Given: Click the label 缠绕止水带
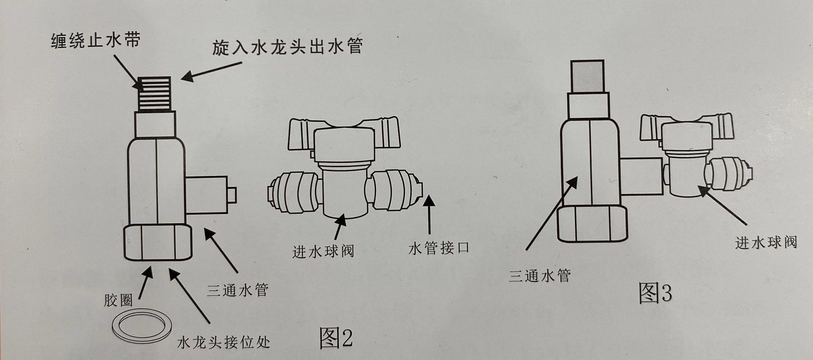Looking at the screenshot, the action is (96, 41).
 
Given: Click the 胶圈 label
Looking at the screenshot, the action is (118, 300).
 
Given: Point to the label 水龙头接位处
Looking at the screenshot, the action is (223, 342).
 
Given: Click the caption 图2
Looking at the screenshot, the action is (336, 337).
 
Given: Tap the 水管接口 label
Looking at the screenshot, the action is (439, 248).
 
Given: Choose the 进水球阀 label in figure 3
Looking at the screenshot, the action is (766, 242).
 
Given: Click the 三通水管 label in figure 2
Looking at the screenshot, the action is (238, 290).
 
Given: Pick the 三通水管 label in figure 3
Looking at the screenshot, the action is (540, 275).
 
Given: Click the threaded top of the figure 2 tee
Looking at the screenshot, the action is (155, 94).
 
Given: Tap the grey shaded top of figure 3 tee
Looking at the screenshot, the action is (587, 76).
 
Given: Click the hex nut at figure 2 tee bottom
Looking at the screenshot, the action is (158, 242).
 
